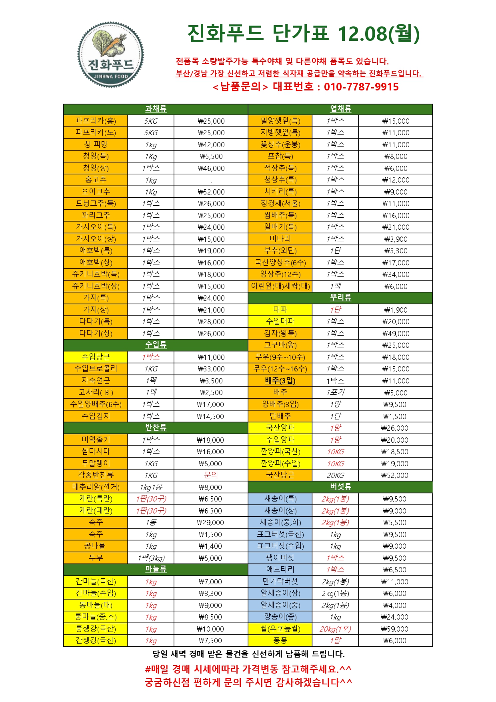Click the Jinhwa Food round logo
[x=110, y=54]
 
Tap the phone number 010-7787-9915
[x=361, y=87]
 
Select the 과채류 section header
[x=156, y=109]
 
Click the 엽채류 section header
[x=340, y=109]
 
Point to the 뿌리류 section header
[x=340, y=297]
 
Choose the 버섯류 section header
[x=340, y=487]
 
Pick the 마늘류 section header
[x=156, y=569]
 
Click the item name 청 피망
[x=96, y=144]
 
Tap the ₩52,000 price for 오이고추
[x=211, y=192]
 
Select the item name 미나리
[x=280, y=239]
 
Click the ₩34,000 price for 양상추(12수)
[x=396, y=275]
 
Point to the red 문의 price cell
[x=211, y=475]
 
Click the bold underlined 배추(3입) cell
[x=280, y=381]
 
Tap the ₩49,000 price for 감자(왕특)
[x=396, y=333]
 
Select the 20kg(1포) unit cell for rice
[x=335, y=629]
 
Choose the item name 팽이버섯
[x=280, y=558]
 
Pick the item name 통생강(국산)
[x=96, y=629]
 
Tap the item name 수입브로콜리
[x=96, y=369]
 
